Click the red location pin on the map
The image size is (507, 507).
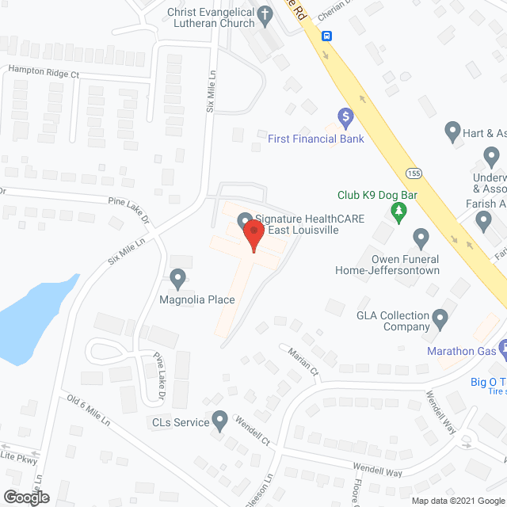(253, 235)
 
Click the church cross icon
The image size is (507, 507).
(268, 13)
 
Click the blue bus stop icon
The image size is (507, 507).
(326, 36)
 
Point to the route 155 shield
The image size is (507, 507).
(414, 172)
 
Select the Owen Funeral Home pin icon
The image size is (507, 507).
(421, 237)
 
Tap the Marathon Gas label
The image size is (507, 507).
(461, 351)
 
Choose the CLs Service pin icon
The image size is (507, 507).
(220, 419)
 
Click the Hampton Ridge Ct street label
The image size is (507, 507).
(44, 73)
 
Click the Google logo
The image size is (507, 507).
(25, 497)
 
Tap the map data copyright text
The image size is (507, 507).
(456, 501)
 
